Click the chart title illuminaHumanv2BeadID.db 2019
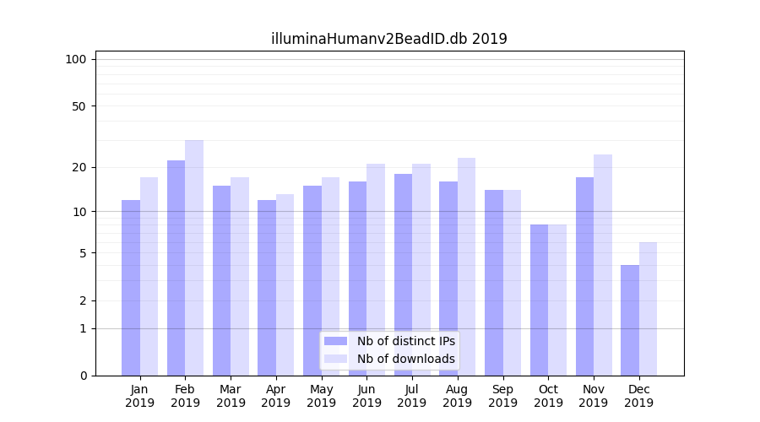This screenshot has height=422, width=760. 388,39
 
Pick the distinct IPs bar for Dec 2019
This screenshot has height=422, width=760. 630,320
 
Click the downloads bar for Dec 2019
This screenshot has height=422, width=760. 648,309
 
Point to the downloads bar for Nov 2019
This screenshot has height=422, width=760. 603,265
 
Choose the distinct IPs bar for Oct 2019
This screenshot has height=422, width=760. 539,300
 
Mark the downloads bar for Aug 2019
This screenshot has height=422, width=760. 466,267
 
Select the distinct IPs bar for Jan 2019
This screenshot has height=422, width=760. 131,288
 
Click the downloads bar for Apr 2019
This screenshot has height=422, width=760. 285,284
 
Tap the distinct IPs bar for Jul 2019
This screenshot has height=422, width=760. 403,274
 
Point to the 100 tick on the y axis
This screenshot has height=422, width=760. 76,59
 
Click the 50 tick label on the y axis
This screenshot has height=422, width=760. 79,106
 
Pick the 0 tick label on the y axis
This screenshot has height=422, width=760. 83,376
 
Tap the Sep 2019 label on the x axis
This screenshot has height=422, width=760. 502,396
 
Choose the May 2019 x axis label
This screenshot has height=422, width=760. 321,396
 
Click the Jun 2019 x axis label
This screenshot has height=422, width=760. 366,396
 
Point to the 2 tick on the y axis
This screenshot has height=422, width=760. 83,300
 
